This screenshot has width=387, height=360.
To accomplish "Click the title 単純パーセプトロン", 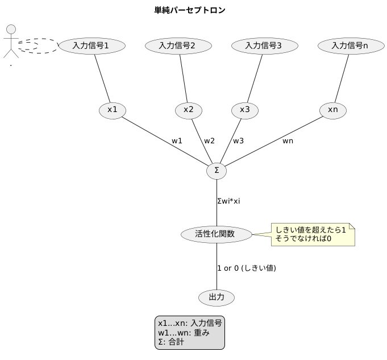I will tap(193, 10).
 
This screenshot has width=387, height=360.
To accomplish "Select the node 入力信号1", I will tap(91, 45).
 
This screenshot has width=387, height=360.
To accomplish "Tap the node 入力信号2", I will tap(178, 45).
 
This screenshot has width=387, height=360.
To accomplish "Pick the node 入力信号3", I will tap(263, 45).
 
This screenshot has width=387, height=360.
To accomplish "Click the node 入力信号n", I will tap(349, 45).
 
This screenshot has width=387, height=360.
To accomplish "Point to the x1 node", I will tap(113, 110).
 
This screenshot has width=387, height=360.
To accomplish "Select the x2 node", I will tap(189, 110).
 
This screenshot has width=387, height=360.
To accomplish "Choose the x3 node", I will tap(245, 110).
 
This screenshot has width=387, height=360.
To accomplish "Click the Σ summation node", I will tap(217, 170).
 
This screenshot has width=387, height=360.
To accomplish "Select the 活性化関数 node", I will tap(216, 234).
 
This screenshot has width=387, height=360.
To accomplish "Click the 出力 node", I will tap(217, 297).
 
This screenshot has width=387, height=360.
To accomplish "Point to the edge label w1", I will tap(177, 140).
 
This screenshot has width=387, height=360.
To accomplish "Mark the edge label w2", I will tap(210, 140).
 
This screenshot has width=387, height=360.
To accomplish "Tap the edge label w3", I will tap(238, 140).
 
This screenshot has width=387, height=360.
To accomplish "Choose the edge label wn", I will tap(288, 140).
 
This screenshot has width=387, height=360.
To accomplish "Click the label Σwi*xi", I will tap(233, 201).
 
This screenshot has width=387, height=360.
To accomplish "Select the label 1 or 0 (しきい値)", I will tap(247, 267).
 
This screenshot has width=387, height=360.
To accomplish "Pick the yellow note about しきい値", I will tap(311, 234).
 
